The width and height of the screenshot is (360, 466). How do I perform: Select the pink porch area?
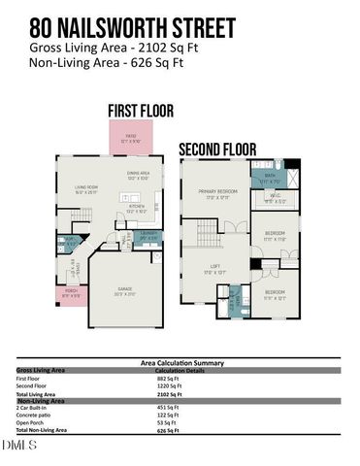pyautogui.click(x=72, y=293)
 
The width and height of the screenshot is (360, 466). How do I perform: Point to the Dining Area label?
pyautogui.click(x=138, y=176)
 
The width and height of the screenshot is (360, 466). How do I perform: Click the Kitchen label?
pyautogui.click(x=137, y=208)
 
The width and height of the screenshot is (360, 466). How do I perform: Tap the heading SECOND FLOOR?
pyautogui.click(x=216, y=150)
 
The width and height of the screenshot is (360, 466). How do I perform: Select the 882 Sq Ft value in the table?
pyautogui.click(x=169, y=379)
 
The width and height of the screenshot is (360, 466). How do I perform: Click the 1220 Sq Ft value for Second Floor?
pyautogui.click(x=170, y=386)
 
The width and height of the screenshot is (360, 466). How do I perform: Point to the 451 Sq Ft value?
pyautogui.click(x=169, y=408)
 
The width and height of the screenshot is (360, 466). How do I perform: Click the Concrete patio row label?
pyautogui.click(x=35, y=416)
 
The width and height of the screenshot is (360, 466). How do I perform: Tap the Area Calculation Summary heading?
pyautogui.click(x=179, y=362)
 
